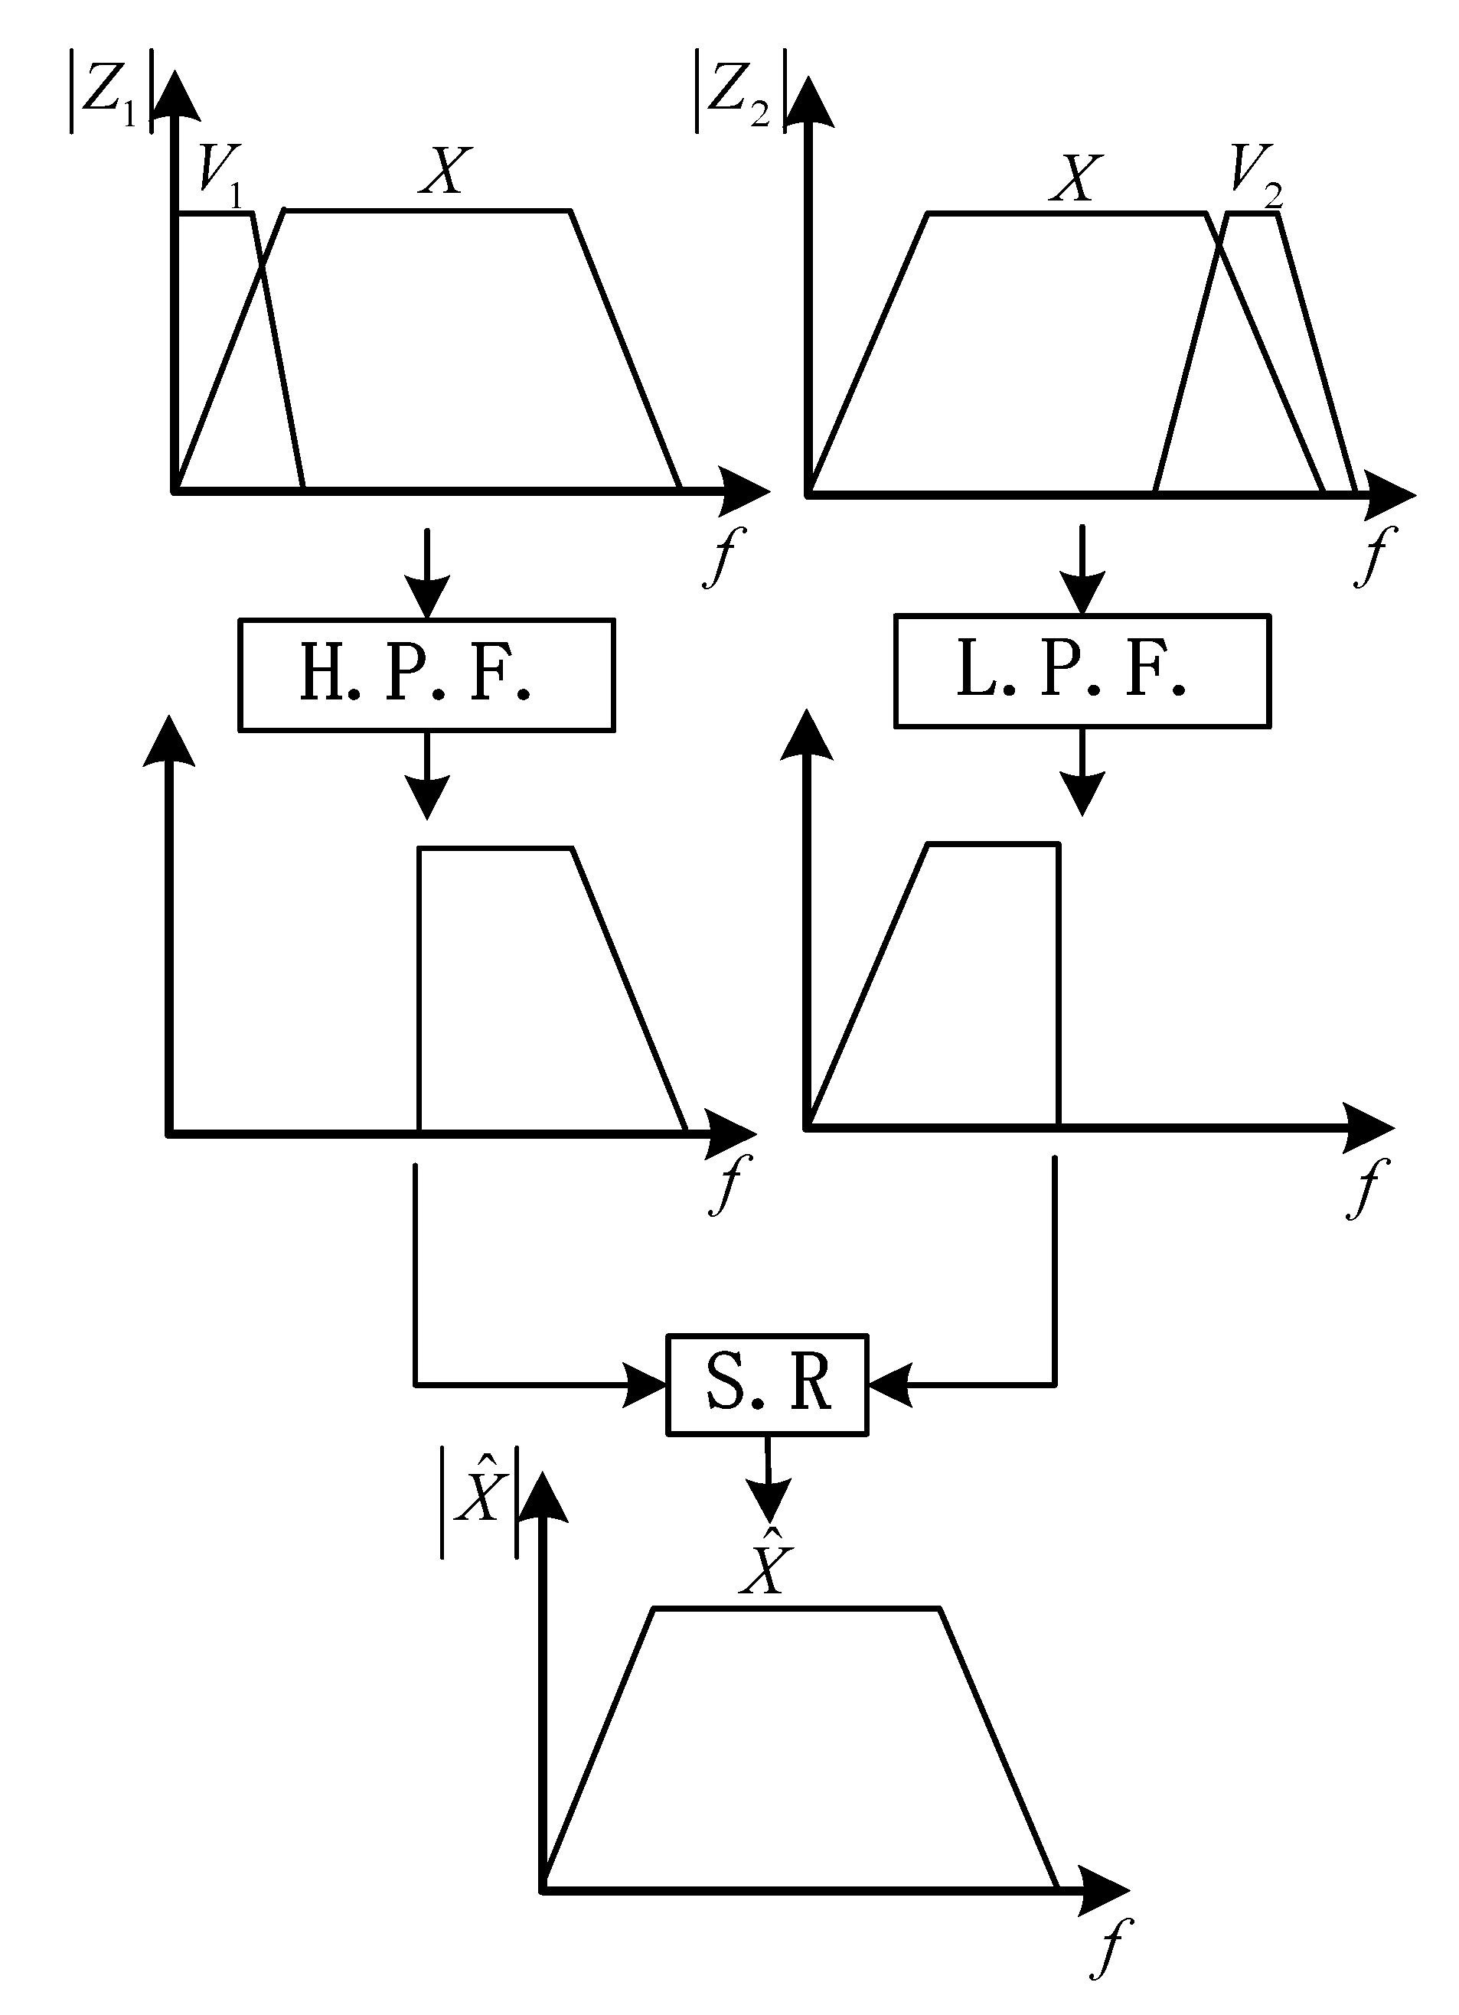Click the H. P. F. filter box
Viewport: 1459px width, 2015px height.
(426, 674)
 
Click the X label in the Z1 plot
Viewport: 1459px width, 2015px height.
(443, 171)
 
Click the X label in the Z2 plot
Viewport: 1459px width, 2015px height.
(1075, 178)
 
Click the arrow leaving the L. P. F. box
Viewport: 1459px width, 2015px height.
(1082, 771)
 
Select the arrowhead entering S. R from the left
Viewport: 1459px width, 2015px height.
(645, 1384)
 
